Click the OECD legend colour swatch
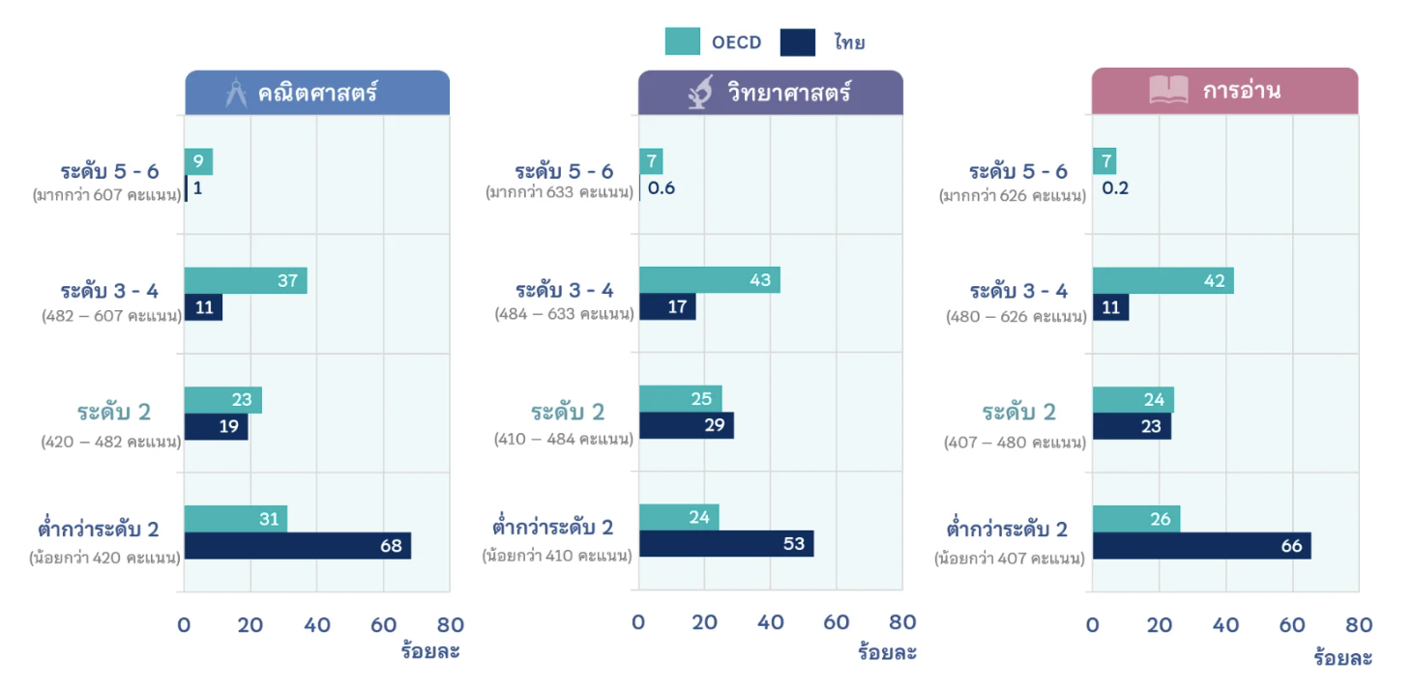click(x=682, y=42)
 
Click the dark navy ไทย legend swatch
click(x=798, y=42)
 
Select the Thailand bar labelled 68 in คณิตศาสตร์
click(x=297, y=546)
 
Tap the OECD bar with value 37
click(x=245, y=280)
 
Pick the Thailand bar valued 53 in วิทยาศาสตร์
click(x=725, y=544)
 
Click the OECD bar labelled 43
click(x=709, y=280)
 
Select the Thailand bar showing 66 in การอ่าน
click(x=1201, y=546)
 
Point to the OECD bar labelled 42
click(x=1163, y=280)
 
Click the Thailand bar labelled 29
click(x=686, y=426)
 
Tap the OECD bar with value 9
click(x=198, y=161)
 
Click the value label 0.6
click(x=662, y=188)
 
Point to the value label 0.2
click(x=1115, y=188)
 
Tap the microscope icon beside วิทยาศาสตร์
click(x=698, y=93)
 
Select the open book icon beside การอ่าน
click(x=1168, y=91)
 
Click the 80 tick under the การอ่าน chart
click(x=1359, y=625)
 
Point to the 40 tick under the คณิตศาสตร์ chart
click(x=316, y=625)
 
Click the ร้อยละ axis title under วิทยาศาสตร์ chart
click(x=887, y=652)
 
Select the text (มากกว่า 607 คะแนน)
click(x=106, y=195)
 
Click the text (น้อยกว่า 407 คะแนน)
click(x=1009, y=558)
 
